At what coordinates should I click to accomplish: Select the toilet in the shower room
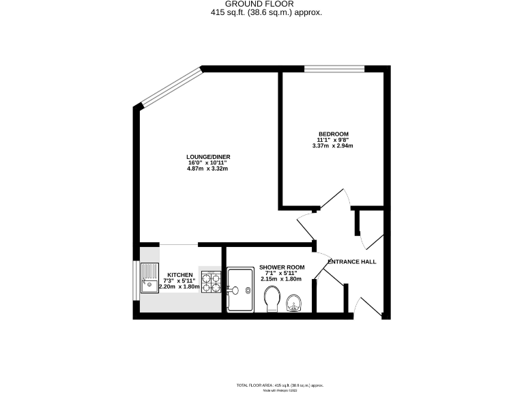click(x=271, y=298)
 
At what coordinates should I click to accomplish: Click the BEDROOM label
click(x=334, y=133)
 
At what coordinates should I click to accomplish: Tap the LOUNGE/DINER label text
click(x=208, y=157)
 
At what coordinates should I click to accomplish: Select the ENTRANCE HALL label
click(x=351, y=262)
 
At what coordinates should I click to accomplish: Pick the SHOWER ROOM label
click(x=282, y=267)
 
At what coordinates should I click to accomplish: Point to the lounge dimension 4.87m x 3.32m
click(x=207, y=169)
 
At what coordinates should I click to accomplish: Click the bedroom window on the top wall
click(x=334, y=68)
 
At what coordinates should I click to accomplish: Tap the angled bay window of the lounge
click(x=171, y=86)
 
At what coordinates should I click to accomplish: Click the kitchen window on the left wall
click(x=135, y=280)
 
